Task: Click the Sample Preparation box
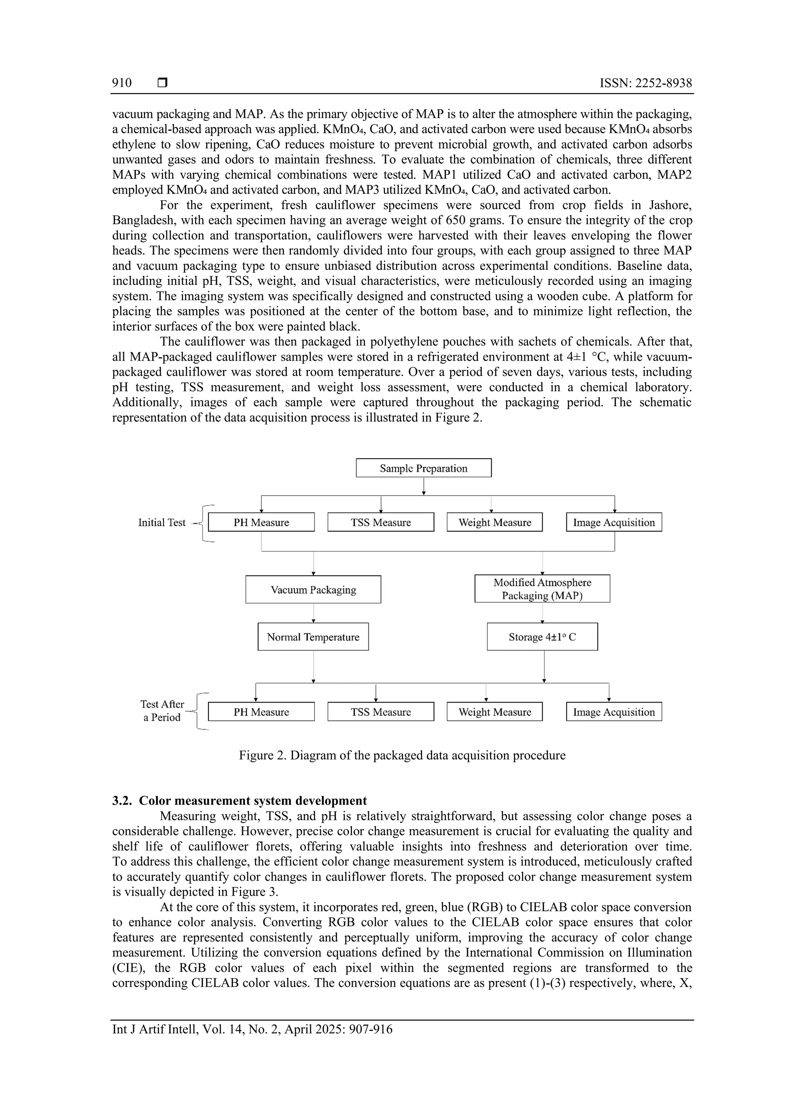pos(423,468)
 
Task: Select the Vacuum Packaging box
pos(313,589)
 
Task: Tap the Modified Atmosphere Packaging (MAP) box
pos(542,589)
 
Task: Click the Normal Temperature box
pos(313,637)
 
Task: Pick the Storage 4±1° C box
pos(542,637)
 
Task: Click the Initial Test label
pos(162,523)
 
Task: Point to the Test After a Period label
pos(162,711)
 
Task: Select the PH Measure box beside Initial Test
pos(261,523)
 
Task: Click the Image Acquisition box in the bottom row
pos(614,712)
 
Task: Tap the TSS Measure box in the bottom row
pos(380,712)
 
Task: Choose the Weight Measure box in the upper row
pos(495,523)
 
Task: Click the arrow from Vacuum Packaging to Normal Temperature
pos(314,613)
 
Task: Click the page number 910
pos(122,83)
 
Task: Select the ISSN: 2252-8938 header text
pos(646,83)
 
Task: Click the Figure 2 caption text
pos(402,755)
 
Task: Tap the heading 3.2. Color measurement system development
pos(239,801)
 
